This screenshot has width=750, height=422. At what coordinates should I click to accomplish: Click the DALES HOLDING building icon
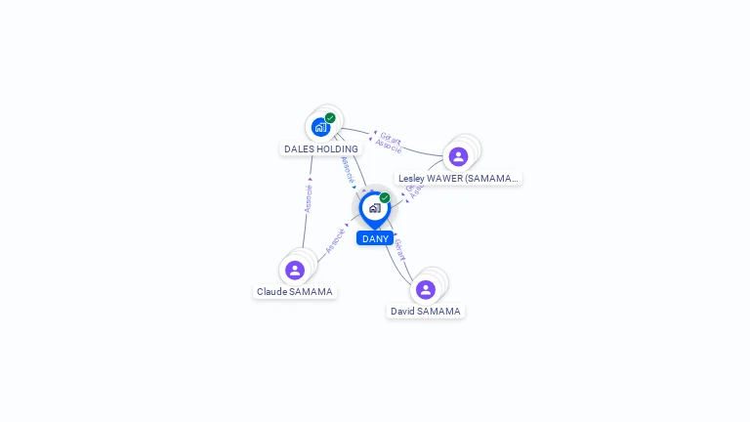[320, 127]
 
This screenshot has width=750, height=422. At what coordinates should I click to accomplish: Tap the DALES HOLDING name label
[320, 149]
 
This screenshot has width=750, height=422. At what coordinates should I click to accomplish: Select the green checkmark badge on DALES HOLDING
[330, 118]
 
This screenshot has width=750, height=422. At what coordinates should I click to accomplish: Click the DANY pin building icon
[374, 208]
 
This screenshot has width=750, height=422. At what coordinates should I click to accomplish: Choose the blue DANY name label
[375, 238]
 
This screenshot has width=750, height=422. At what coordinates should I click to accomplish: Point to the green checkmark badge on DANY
[385, 198]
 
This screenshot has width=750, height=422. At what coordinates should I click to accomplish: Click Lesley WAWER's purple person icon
[458, 156]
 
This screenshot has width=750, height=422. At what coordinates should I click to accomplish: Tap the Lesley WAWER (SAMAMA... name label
[458, 179]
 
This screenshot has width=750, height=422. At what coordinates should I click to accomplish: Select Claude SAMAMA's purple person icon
[295, 270]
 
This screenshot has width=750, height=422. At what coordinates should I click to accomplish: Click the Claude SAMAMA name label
[294, 292]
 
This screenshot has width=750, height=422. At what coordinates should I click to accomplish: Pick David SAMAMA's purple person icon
[426, 289]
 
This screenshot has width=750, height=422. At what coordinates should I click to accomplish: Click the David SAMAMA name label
[426, 312]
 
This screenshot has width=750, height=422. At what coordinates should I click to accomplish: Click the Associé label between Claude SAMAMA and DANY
[335, 239]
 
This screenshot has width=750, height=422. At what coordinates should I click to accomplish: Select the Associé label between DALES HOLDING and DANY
[348, 170]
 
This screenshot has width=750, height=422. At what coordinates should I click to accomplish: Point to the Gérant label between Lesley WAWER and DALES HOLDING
[391, 138]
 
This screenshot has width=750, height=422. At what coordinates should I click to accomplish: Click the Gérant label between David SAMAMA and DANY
[398, 251]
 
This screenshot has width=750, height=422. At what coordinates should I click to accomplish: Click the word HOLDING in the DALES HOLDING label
[337, 149]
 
